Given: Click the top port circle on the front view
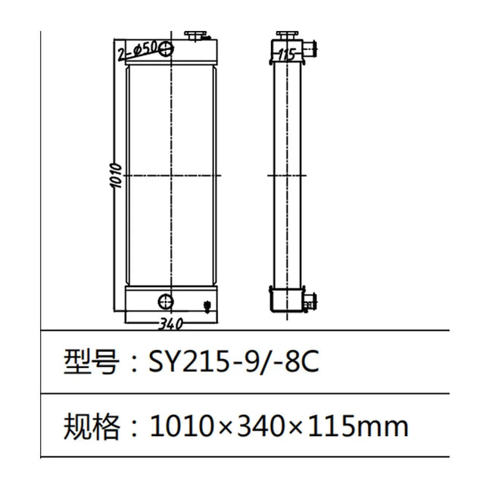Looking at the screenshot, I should pos(167,47).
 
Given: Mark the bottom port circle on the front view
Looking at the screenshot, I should pos(165,301).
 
